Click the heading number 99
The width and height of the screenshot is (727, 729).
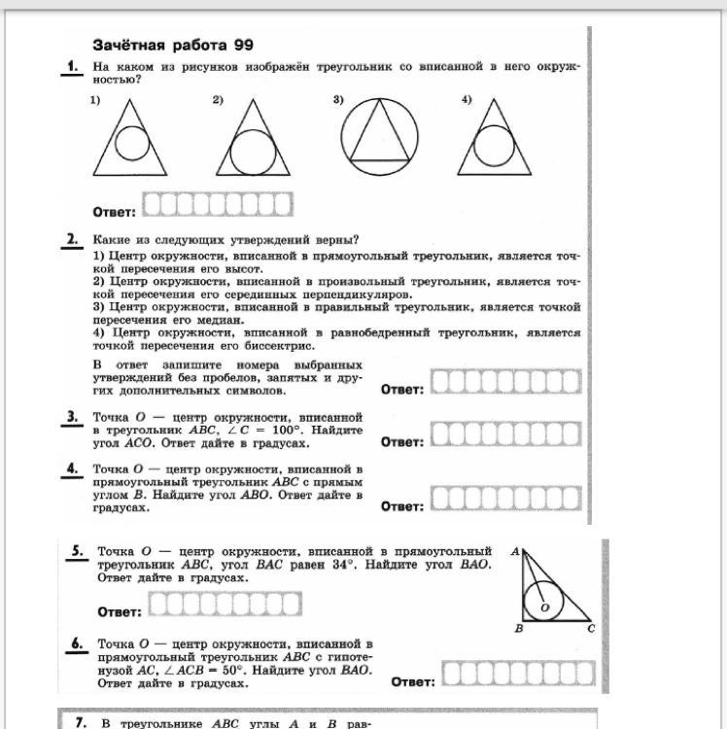243,46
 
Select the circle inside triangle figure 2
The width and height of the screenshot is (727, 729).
250,153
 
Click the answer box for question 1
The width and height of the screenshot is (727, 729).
217,205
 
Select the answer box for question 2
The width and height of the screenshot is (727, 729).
506,383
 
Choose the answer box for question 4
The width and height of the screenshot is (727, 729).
506,500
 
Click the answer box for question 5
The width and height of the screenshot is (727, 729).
222,607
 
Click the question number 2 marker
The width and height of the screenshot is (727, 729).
73,240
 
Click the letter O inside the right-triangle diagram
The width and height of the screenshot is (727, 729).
544,607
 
